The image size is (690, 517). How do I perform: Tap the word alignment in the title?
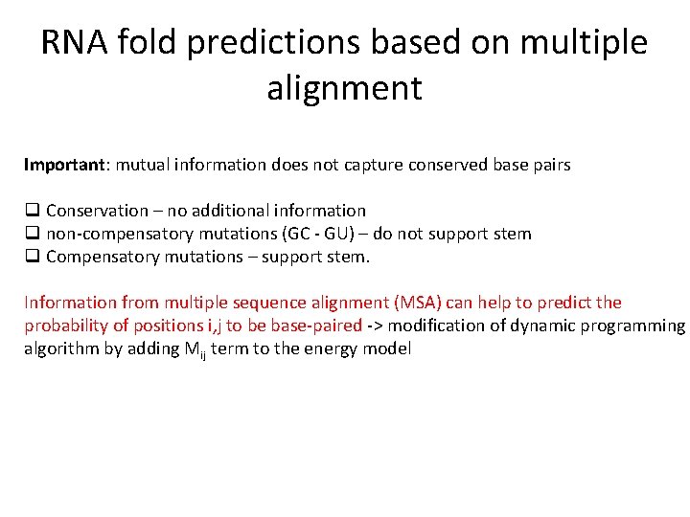click(x=344, y=88)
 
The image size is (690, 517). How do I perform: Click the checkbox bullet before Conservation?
click(x=32, y=211)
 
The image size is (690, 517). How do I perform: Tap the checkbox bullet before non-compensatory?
click(x=32, y=234)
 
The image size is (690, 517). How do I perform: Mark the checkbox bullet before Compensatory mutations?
click(x=32, y=257)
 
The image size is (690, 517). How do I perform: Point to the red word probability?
click(x=65, y=326)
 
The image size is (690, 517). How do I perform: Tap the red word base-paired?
click(x=316, y=326)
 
